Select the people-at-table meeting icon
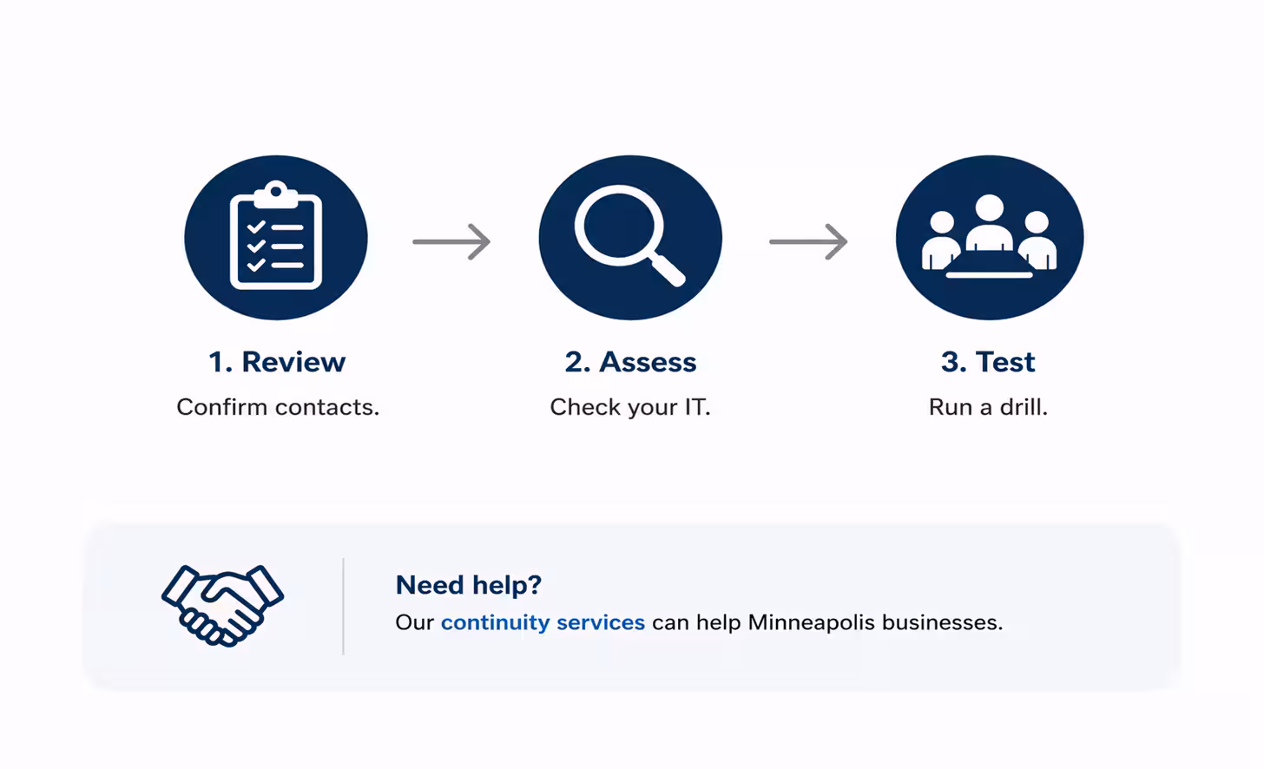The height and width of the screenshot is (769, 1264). pyautogui.click(x=989, y=236)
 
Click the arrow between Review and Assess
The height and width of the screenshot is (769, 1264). pyautogui.click(x=451, y=241)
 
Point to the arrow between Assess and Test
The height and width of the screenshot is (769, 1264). pyautogui.click(x=808, y=241)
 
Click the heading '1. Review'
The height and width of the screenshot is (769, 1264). pyautogui.click(x=276, y=362)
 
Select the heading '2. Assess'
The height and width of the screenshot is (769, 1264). pyautogui.click(x=630, y=362)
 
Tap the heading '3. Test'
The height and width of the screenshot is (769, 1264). pyautogui.click(x=988, y=362)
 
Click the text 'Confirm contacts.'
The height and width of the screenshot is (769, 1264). pyautogui.click(x=278, y=407)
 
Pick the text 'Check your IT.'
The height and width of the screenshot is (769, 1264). pyautogui.click(x=629, y=407)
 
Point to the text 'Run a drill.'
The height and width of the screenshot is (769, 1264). pyautogui.click(x=988, y=407)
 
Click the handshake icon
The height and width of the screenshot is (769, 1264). pyautogui.click(x=222, y=605)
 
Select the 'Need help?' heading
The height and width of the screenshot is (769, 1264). pyautogui.click(x=469, y=584)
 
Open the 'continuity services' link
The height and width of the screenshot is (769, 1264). pyautogui.click(x=543, y=622)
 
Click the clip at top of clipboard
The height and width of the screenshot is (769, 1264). pyautogui.click(x=276, y=194)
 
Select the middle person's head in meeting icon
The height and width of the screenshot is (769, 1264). pyautogui.click(x=989, y=207)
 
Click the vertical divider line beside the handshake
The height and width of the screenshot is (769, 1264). pyautogui.click(x=343, y=607)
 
